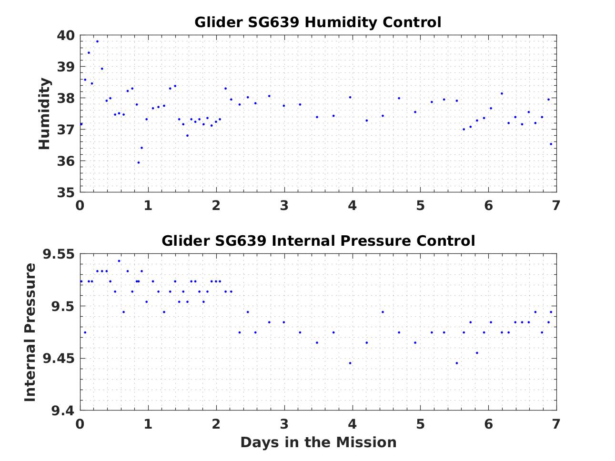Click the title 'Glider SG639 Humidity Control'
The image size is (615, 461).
pyautogui.click(x=318, y=22)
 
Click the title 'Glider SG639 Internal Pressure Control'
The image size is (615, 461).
pyautogui.click(x=318, y=241)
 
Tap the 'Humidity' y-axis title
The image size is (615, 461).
pyautogui.click(x=44, y=114)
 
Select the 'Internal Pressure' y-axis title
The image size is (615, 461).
pyautogui.click(x=30, y=332)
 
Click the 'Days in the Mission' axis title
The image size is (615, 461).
pyautogui.click(x=318, y=442)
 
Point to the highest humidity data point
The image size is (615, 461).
pyautogui.click(x=97, y=41)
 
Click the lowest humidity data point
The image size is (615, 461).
pyautogui.click(x=139, y=162)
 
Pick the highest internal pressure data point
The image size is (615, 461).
pyautogui.click(x=119, y=261)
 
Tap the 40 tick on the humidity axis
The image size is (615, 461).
pyautogui.click(x=66, y=36)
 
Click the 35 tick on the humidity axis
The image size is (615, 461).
pyautogui.click(x=66, y=192)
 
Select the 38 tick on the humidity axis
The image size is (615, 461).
pyautogui.click(x=66, y=99)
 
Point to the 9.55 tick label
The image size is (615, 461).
pyautogui.click(x=59, y=254)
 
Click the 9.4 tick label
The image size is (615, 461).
pyautogui.click(x=62, y=411)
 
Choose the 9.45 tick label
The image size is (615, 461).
pyautogui.click(x=59, y=359)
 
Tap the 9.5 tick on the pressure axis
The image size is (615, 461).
pyautogui.click(x=62, y=306)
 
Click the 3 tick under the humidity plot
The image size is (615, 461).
pyautogui.click(x=284, y=205)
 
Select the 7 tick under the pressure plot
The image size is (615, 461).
pyautogui.click(x=556, y=423)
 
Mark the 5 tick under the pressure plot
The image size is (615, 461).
pyautogui.click(x=420, y=423)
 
